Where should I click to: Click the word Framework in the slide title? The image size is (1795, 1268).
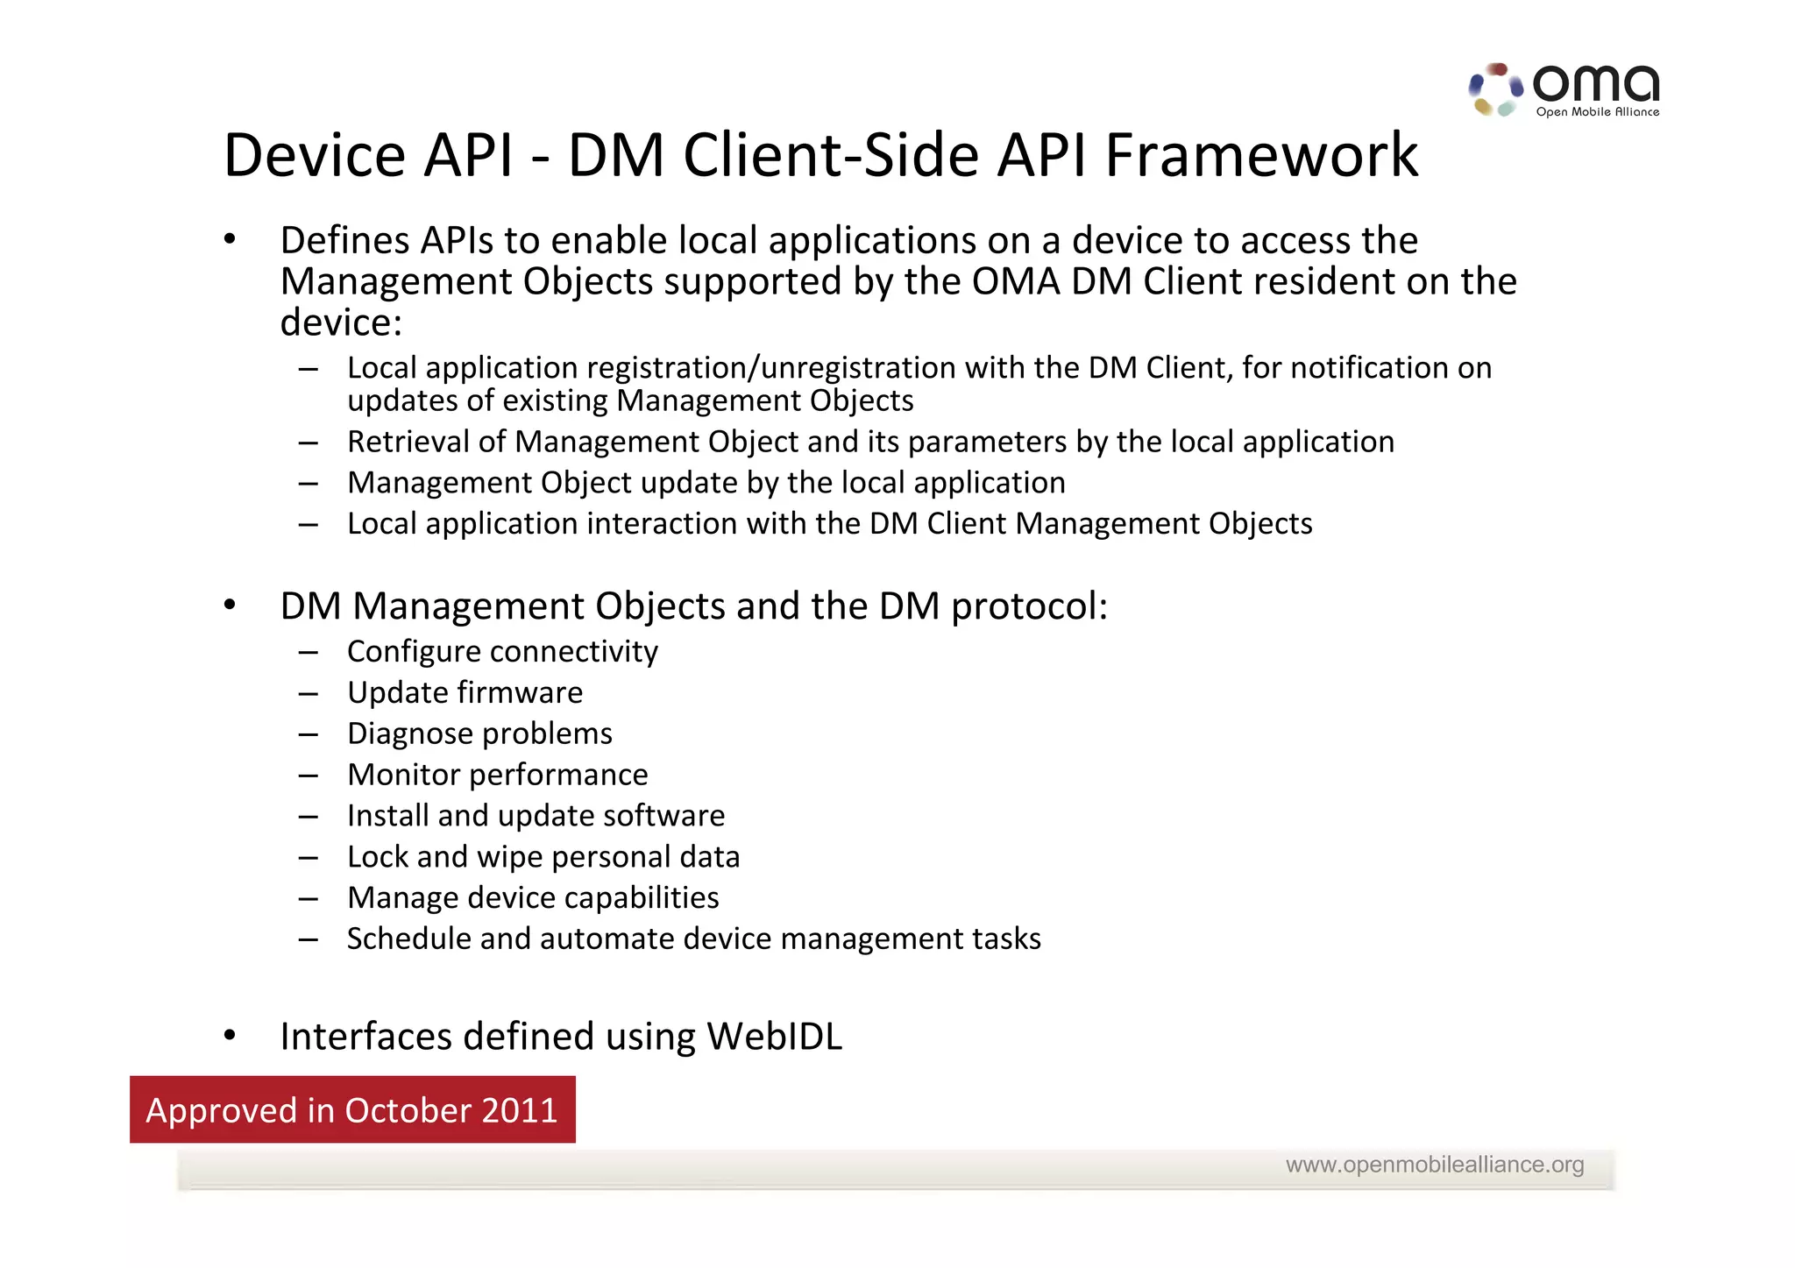pyautogui.click(x=1260, y=156)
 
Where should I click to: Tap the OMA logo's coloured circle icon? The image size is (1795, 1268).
pyautogui.click(x=1495, y=89)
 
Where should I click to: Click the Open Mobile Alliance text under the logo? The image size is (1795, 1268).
pyautogui.click(x=1597, y=112)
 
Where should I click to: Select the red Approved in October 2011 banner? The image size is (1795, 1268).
pyautogui.click(x=352, y=1109)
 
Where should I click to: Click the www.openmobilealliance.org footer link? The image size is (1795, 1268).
pyautogui.click(x=1434, y=1165)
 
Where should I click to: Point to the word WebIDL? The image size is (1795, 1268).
pyautogui.click(x=774, y=1037)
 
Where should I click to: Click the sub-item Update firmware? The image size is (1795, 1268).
pyautogui.click(x=465, y=693)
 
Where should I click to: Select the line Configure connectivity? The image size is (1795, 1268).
pyautogui.click(x=502, y=652)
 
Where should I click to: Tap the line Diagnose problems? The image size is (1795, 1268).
pyautogui.click(x=479, y=734)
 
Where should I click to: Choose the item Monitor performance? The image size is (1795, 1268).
pyautogui.click(x=497, y=776)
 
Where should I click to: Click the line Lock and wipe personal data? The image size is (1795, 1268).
pyautogui.click(x=543, y=857)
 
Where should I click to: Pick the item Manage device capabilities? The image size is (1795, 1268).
pyautogui.click(x=533, y=898)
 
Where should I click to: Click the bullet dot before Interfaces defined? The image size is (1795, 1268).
pyautogui.click(x=230, y=1036)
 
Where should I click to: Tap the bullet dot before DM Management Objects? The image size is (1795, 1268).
pyautogui.click(x=230, y=605)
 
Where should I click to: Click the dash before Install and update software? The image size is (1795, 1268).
pyautogui.click(x=308, y=817)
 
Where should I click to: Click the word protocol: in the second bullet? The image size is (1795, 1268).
pyautogui.click(x=1029, y=607)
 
